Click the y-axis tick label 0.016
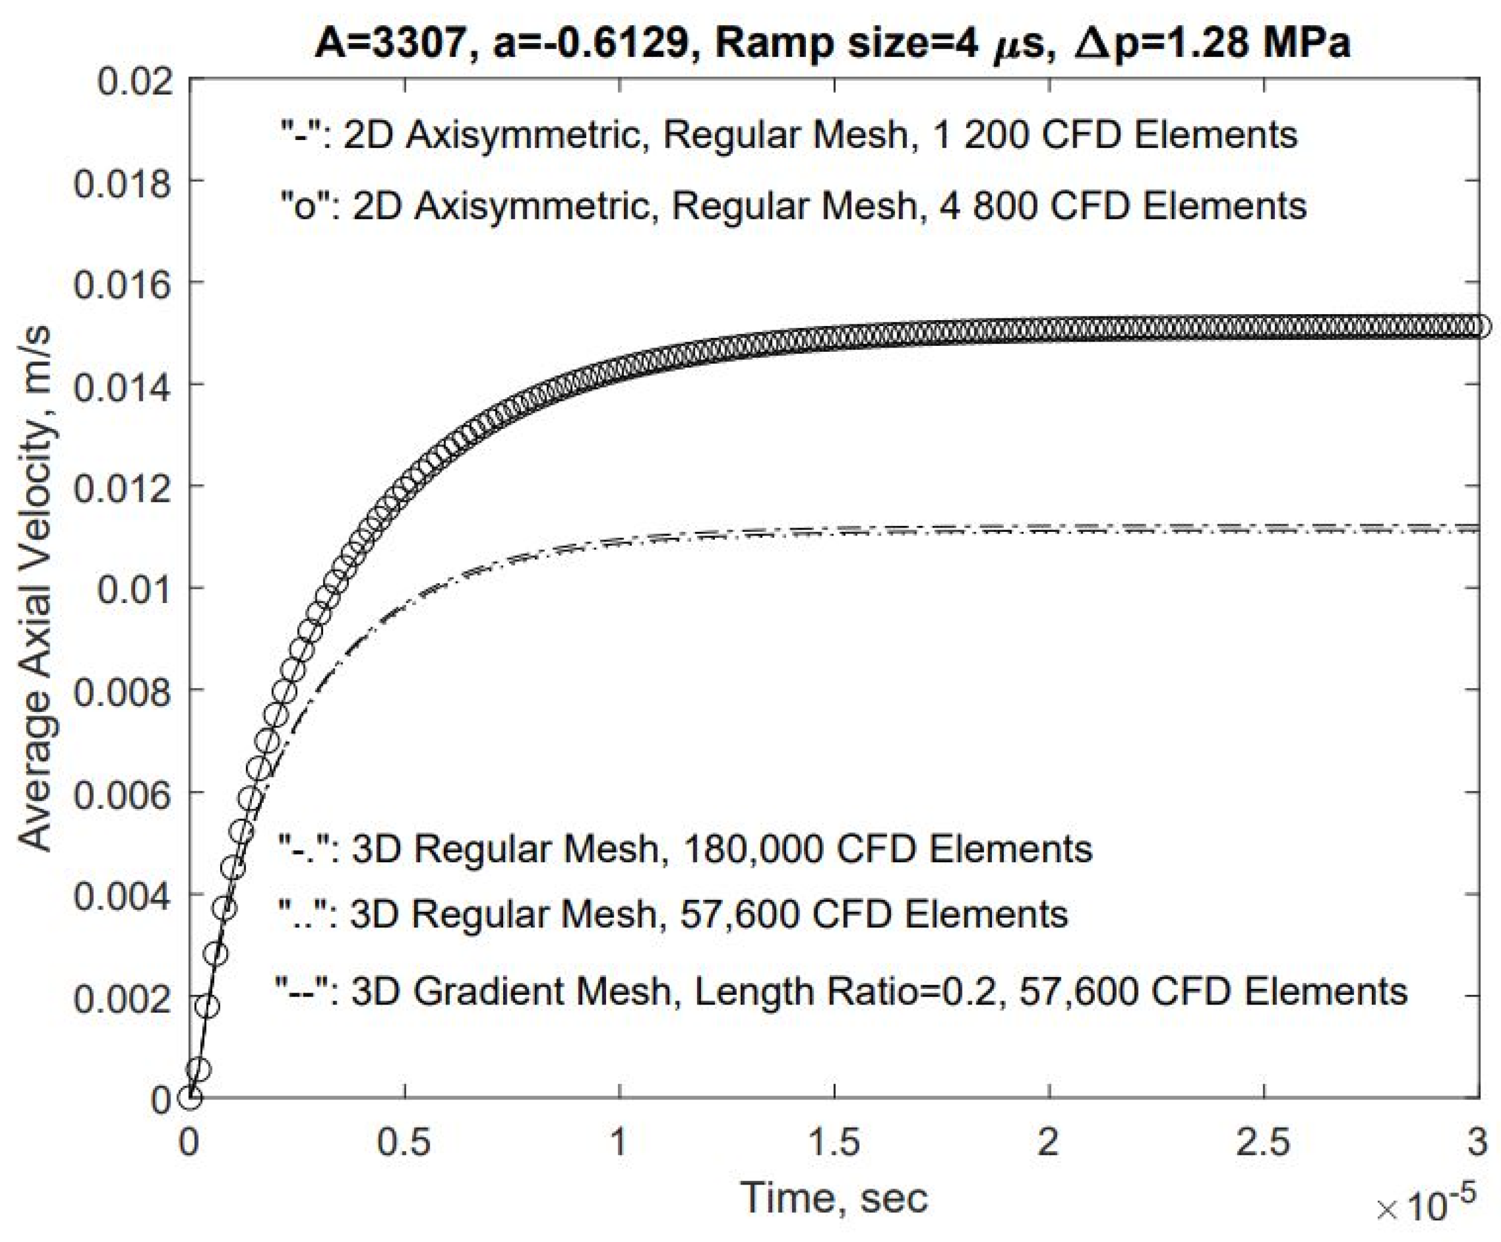pos(123,284)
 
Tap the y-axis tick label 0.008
pos(123,692)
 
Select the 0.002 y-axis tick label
pos(123,997)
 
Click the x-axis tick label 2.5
pos(1263,1142)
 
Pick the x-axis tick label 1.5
pos(834,1142)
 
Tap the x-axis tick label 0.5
pos(404,1142)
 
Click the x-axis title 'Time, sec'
pos(834,1197)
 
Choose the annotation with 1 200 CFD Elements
pos(788,135)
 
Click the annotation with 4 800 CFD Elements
pos(793,206)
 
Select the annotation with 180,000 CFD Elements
pos(685,849)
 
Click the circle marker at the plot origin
pos(190,1097)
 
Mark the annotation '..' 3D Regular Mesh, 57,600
pos(672,914)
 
